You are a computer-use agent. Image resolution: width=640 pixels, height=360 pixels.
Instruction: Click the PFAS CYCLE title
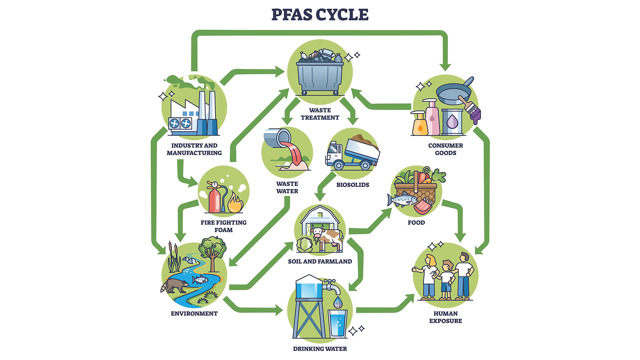coord(320,15)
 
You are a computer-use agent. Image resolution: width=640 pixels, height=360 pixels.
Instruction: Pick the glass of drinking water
coord(338,323)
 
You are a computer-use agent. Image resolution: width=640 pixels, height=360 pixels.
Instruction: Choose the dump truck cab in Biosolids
coord(334,154)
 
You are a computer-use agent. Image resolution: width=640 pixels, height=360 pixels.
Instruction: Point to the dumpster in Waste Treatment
coord(320,77)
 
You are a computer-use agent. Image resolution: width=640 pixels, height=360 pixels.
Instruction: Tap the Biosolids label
coord(353,185)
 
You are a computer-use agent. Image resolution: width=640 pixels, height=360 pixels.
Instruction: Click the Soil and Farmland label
coord(320,261)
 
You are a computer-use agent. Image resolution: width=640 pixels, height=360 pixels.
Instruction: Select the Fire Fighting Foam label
coord(223,226)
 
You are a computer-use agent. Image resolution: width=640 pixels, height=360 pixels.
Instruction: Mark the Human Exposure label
coord(445,317)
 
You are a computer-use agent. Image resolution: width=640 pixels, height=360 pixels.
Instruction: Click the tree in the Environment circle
coord(212,252)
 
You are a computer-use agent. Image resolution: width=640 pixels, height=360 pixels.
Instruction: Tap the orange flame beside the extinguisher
coord(235,203)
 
